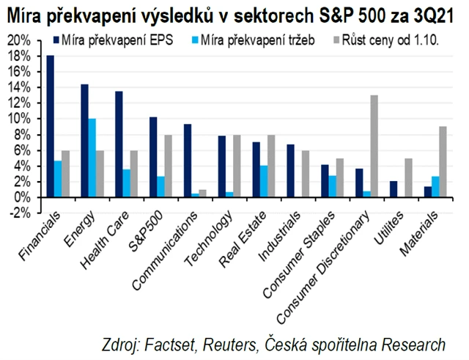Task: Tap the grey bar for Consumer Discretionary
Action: tap(375, 147)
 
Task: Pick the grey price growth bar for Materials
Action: tap(443, 162)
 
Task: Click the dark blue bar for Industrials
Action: tap(289, 171)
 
